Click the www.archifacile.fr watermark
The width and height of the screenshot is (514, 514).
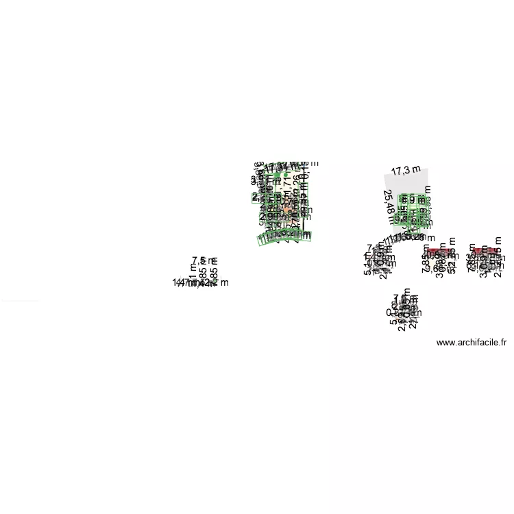[x=471, y=343]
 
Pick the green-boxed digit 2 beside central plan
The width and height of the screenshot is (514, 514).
[x=255, y=197]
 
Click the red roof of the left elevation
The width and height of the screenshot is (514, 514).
[x=435, y=252]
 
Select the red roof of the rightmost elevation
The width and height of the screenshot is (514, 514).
[x=486, y=252]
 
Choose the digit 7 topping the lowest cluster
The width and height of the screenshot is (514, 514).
[x=396, y=298]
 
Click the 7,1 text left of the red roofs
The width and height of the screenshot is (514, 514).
[x=372, y=248]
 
